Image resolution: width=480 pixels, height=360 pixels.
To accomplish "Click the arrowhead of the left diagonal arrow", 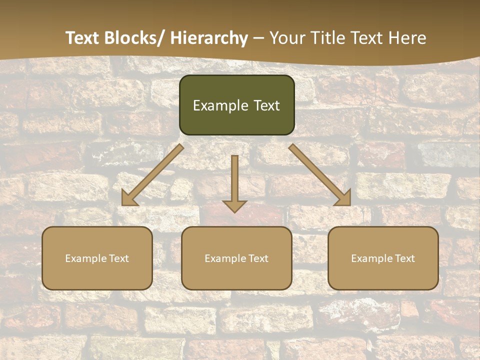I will click(x=128, y=199).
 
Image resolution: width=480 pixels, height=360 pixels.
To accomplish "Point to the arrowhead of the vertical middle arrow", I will click(x=234, y=205).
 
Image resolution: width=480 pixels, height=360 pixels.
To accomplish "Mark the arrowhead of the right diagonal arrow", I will click(x=344, y=199).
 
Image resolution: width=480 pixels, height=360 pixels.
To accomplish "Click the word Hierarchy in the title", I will click(x=209, y=38).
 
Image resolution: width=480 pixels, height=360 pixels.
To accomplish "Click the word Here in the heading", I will click(x=407, y=38).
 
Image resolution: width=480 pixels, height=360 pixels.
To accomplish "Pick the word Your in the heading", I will click(x=287, y=38).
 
